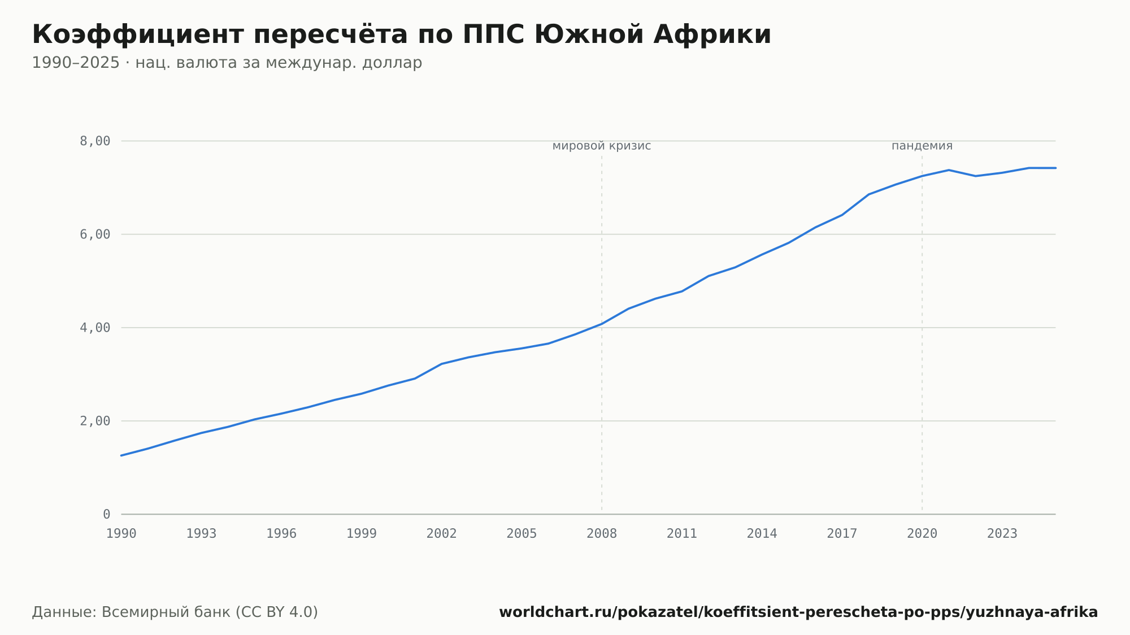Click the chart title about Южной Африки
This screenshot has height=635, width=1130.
(x=402, y=34)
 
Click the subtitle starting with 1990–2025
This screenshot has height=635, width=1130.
(x=227, y=63)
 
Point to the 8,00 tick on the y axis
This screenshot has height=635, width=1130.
(x=95, y=141)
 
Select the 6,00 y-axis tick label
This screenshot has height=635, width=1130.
(x=95, y=234)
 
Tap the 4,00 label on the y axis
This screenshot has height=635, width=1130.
(x=95, y=328)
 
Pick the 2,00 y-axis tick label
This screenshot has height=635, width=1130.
(x=95, y=421)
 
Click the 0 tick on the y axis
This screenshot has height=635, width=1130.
(x=107, y=514)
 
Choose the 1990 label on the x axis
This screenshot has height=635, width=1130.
(x=121, y=534)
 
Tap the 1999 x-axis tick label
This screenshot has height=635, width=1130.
(x=362, y=534)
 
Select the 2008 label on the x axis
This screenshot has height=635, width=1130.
(x=602, y=534)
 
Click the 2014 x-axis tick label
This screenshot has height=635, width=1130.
(x=762, y=534)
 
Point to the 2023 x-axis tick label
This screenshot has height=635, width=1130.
(x=1002, y=534)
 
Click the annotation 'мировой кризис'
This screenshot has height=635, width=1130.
(x=602, y=146)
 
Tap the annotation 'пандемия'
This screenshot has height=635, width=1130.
(x=922, y=146)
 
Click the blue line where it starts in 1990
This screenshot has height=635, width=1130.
(x=121, y=455)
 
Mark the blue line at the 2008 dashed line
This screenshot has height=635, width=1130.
(x=602, y=324)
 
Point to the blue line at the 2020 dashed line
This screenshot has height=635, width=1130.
(x=922, y=176)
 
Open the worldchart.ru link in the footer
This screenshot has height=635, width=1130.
(x=798, y=612)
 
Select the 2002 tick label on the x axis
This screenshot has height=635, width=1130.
(x=442, y=534)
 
